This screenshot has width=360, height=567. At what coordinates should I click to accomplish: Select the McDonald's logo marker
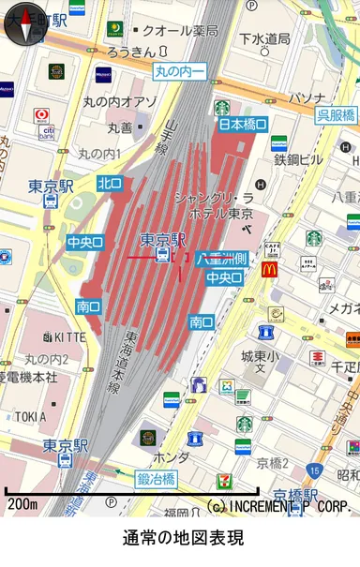coord(270,270)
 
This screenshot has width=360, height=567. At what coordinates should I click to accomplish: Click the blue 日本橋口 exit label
coord(243,124)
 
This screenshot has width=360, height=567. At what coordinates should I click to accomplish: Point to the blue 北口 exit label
coord(110,183)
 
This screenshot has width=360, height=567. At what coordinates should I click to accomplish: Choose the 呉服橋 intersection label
coord(336,115)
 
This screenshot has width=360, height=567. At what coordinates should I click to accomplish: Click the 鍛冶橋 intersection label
coord(157,480)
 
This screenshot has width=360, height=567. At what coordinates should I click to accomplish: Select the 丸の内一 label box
coord(179,70)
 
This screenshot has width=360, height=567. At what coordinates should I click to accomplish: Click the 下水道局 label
coord(265,38)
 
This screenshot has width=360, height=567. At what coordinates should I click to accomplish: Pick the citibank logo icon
coord(45,131)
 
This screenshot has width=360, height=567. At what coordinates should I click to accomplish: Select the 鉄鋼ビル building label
coord(298,160)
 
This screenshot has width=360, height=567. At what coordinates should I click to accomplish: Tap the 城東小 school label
coord(260,356)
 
